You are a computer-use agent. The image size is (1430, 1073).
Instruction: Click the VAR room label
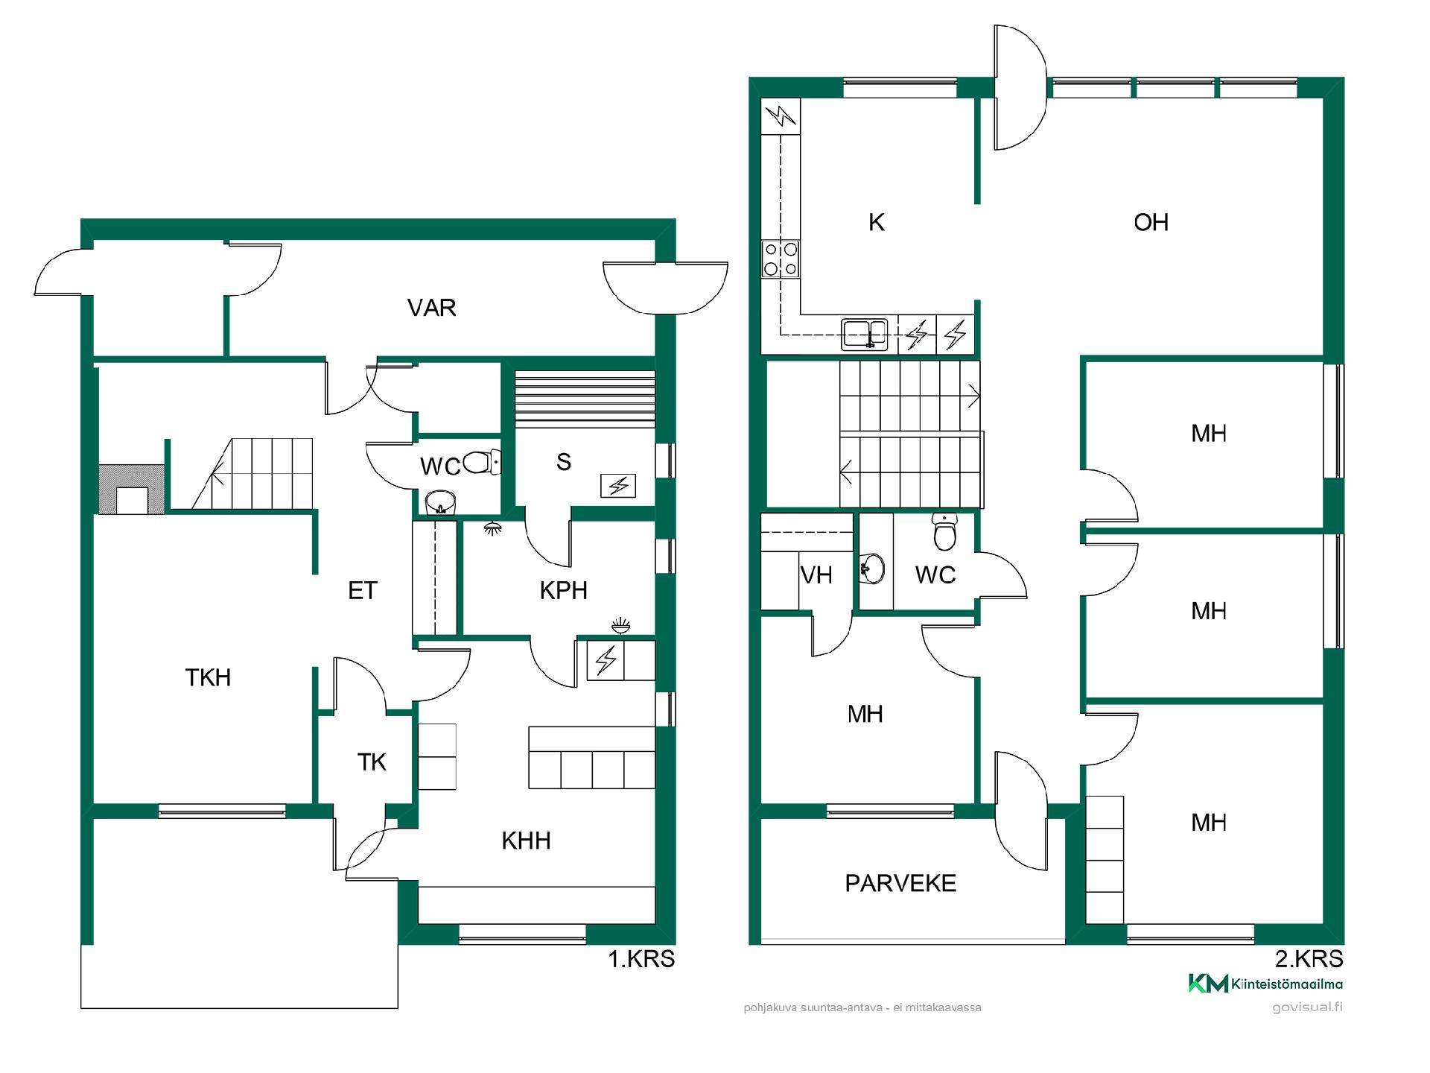[x=431, y=307]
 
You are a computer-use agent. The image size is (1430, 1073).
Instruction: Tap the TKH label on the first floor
[x=208, y=677]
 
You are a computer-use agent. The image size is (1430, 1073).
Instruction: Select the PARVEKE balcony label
[x=900, y=883]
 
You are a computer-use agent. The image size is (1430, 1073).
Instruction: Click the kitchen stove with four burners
[x=781, y=259]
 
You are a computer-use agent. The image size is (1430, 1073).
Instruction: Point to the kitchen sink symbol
[x=865, y=334]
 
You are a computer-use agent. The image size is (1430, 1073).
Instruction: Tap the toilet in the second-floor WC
[x=944, y=531]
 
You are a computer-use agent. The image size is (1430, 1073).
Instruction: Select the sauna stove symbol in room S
[x=618, y=486]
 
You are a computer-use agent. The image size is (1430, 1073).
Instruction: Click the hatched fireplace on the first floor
[x=132, y=490]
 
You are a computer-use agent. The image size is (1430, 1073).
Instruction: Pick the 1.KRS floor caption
[x=641, y=958]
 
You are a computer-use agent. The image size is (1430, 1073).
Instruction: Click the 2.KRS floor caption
[x=1309, y=958]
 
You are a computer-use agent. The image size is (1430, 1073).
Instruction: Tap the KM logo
[x=1208, y=984]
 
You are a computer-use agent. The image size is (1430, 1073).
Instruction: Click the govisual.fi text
[x=1308, y=1007]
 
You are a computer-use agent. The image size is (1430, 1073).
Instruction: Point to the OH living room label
[x=1151, y=222]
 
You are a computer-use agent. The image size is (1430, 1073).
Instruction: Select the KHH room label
[x=526, y=841]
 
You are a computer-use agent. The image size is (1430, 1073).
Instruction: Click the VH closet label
[x=816, y=575]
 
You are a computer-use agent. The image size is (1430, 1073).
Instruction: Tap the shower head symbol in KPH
[x=492, y=528]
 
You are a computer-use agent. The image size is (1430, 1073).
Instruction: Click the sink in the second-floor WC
[x=872, y=569]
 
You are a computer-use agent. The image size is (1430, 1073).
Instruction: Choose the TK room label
[x=372, y=762]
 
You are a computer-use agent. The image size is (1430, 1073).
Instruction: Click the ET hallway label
[x=363, y=591]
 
